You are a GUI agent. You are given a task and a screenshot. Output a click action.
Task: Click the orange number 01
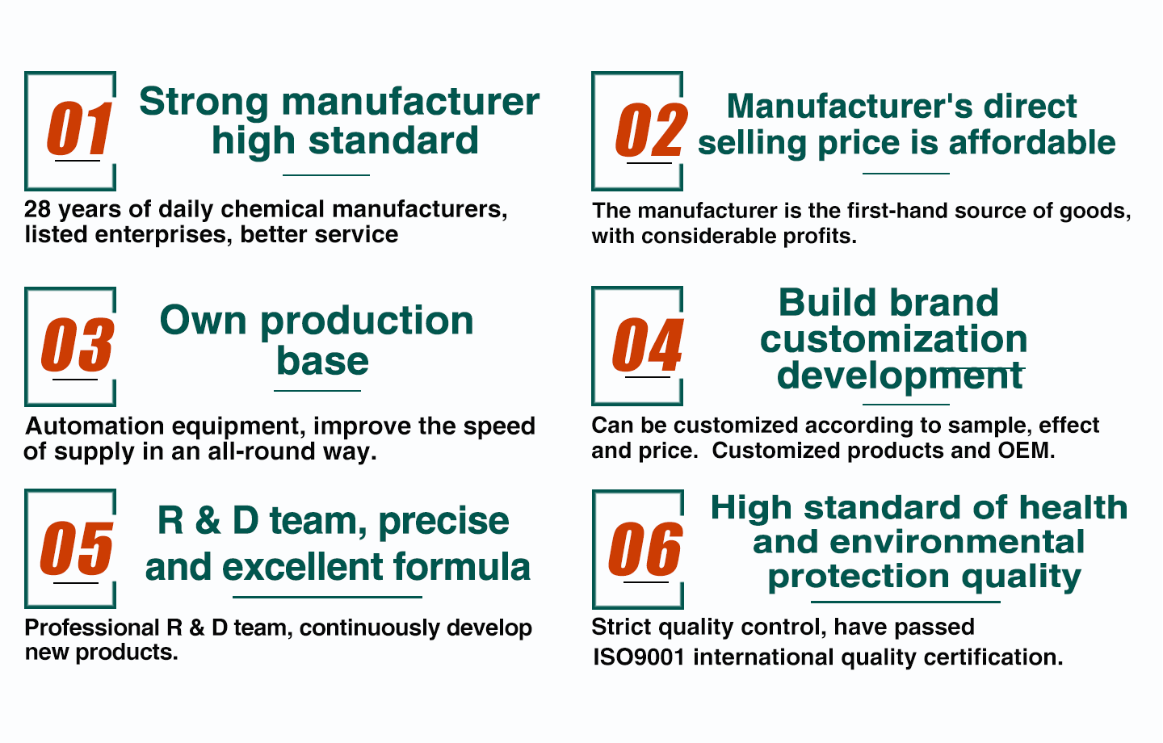tap(79, 128)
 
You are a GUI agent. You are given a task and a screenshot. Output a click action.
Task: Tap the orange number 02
tap(652, 130)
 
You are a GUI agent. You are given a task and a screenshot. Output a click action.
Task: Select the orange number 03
tap(78, 346)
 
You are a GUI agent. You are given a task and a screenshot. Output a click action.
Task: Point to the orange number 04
tap(648, 345)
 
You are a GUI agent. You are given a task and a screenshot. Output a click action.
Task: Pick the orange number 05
tap(77, 548)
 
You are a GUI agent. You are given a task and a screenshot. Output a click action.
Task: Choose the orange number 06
tap(645, 549)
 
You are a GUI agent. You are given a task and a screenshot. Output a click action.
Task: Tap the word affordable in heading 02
tap(1032, 142)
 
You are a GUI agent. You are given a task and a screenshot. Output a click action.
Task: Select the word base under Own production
tap(322, 361)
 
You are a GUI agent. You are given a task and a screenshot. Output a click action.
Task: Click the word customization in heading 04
tap(893, 339)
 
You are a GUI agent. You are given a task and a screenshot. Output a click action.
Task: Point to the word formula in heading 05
tap(462, 566)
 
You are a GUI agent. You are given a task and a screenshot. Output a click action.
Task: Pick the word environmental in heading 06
tap(957, 542)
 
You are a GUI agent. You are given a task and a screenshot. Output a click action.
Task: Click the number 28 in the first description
tap(37, 209)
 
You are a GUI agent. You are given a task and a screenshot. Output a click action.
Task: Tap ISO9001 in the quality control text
tap(639, 657)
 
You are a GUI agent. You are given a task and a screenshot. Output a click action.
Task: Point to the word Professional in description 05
tap(92, 628)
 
